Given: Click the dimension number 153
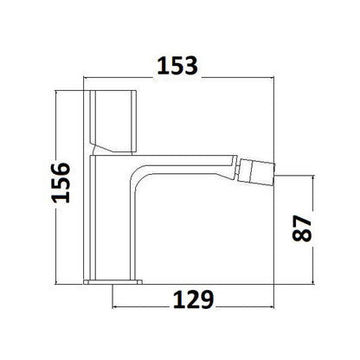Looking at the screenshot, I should [x=181, y=65].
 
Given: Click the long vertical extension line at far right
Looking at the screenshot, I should [x=273, y=173].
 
